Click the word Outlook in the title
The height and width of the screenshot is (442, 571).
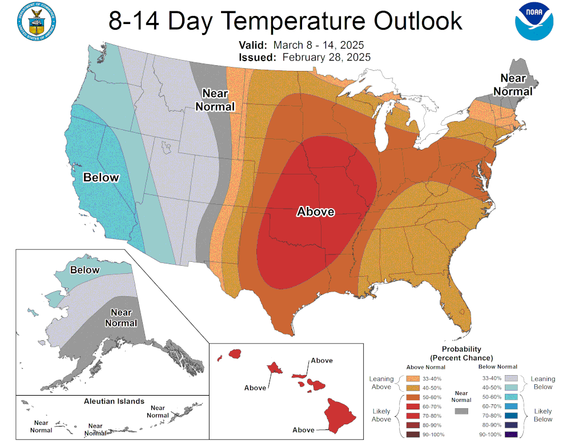pyautogui.click(x=418, y=21)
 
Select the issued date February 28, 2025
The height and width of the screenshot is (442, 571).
pyautogui.click(x=326, y=57)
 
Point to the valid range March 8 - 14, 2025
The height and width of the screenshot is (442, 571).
pyautogui.click(x=319, y=45)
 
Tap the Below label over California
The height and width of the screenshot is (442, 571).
pyautogui.click(x=101, y=177)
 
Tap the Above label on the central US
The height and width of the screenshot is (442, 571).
pyautogui.click(x=315, y=212)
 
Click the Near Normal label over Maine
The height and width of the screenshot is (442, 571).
pyautogui.click(x=513, y=85)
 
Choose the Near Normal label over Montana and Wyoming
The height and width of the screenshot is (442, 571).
pyautogui.click(x=215, y=100)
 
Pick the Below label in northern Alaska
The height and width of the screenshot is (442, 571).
pyautogui.click(x=85, y=270)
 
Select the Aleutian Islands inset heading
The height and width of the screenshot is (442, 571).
pyautogui.click(x=114, y=401)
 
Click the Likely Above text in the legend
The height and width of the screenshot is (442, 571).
pyautogui.click(x=381, y=415)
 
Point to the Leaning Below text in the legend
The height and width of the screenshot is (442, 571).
pyautogui.click(x=542, y=383)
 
